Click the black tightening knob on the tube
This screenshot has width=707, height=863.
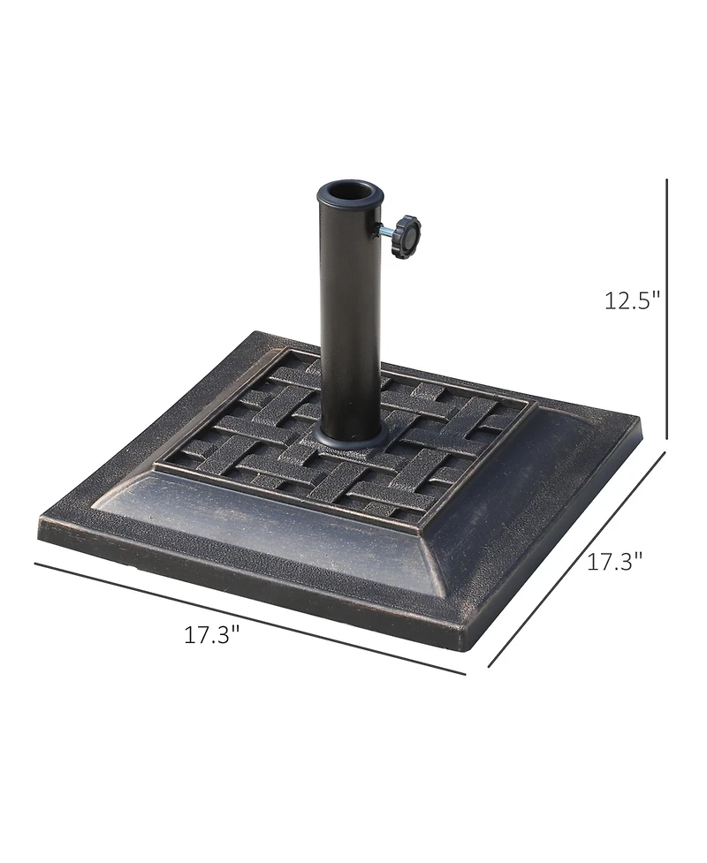tap(409, 237)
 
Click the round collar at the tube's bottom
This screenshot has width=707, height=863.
tap(350, 435)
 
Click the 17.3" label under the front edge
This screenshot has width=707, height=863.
tap(212, 634)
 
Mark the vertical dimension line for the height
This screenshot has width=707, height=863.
tap(666, 309)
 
